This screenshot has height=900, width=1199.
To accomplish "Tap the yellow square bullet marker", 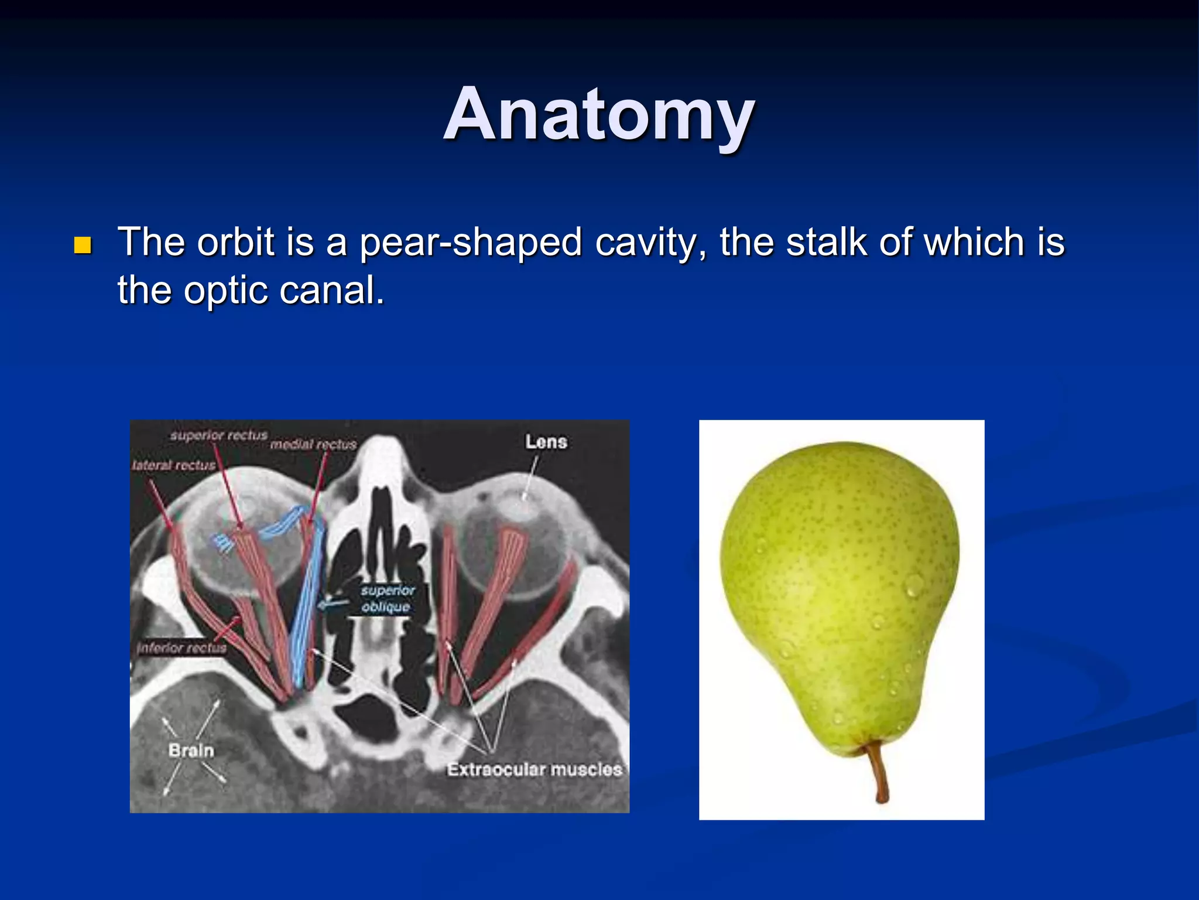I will pos(83,245).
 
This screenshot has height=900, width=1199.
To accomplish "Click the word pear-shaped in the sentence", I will pos(470,242).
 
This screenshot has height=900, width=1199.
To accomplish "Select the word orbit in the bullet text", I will pos(235,242).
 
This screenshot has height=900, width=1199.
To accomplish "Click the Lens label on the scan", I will pos(546,442).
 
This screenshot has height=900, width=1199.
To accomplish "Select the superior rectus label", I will pos(218,435).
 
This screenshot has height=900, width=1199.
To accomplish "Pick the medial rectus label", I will pos(313,445).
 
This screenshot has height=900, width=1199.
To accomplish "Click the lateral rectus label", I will pos(173,465).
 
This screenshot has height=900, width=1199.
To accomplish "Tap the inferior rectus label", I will pos(181,647).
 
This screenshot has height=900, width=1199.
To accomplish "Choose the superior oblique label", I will pos(387,598).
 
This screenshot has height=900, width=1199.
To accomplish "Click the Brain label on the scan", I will pos(191,750).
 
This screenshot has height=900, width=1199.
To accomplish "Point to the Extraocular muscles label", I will pos(534,769).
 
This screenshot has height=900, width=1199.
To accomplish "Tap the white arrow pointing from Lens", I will pos(530,478).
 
